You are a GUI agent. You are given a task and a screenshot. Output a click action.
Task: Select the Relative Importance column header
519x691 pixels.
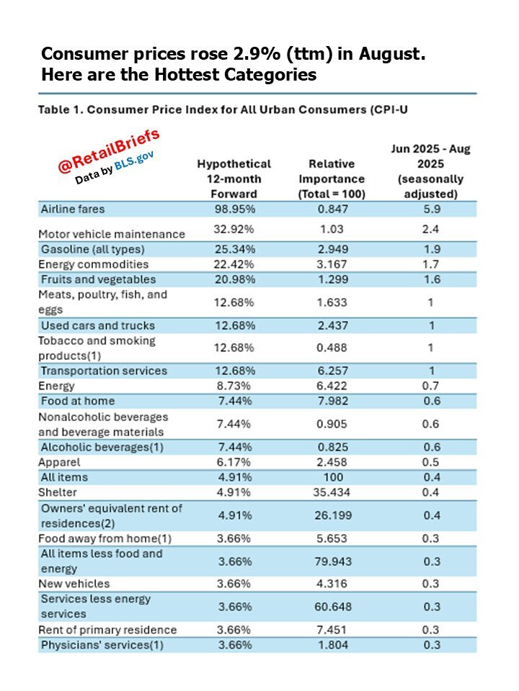click(331, 179)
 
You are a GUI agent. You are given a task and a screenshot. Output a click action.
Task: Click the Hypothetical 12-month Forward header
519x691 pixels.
click(234, 179)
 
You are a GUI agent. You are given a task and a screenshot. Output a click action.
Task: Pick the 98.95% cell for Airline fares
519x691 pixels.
click(234, 209)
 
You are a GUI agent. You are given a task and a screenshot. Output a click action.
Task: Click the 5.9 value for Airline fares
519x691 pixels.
click(430, 209)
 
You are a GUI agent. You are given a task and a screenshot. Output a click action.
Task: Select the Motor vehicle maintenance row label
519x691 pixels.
click(111, 234)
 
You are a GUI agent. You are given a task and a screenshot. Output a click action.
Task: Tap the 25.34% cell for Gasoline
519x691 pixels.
click(234, 249)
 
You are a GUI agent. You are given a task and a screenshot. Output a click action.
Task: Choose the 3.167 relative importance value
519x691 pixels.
click(331, 264)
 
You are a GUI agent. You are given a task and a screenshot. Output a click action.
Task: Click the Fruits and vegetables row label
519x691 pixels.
click(98, 279)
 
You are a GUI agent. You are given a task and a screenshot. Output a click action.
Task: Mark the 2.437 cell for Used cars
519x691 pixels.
click(331, 325)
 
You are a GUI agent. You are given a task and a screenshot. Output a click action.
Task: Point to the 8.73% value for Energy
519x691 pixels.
click(234, 386)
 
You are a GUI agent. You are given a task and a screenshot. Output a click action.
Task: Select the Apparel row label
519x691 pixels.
click(59, 462)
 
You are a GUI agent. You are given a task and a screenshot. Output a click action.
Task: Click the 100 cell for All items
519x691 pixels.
click(331, 477)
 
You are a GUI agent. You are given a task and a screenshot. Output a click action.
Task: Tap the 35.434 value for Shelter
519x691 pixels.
click(331, 492)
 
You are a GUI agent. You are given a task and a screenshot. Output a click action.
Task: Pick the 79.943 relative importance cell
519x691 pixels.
click(331, 561)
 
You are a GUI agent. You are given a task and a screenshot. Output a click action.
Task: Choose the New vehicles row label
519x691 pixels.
click(74, 584)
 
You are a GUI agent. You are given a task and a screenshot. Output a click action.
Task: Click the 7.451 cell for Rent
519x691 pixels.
click(331, 630)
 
